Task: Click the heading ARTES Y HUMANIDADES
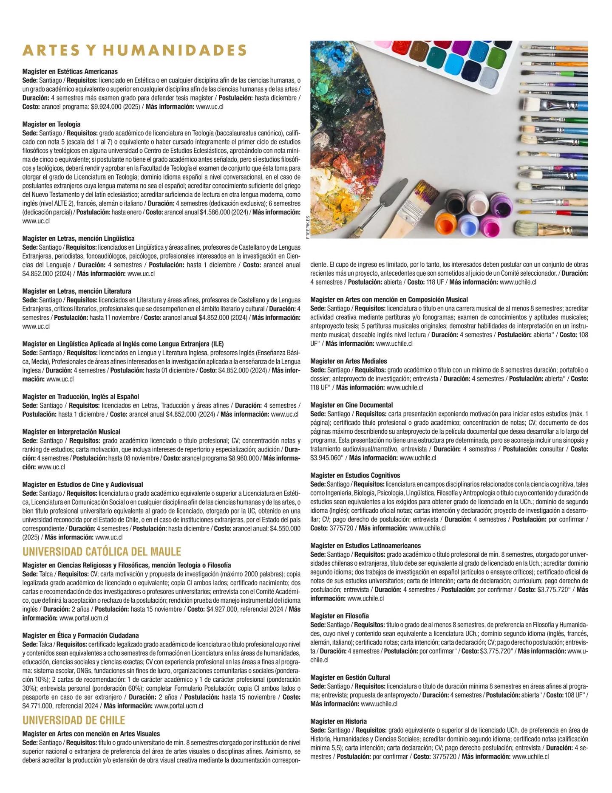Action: point(134,51)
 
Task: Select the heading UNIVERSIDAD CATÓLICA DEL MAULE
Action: point(102,552)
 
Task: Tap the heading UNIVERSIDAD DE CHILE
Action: point(74,720)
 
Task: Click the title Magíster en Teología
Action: point(51,124)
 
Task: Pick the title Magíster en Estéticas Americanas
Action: point(70,71)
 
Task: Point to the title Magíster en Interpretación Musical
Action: point(71,432)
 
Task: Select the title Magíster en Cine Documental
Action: point(351,405)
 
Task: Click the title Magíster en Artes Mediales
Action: point(348,361)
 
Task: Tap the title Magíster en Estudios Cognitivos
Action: point(355,475)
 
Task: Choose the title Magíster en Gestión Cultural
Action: point(350,677)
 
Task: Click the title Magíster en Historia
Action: point(338,721)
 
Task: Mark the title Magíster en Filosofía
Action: point(340,616)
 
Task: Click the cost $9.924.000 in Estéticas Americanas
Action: point(106,107)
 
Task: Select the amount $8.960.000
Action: point(243,458)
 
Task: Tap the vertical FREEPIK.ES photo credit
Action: point(308,227)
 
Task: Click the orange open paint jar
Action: point(445,223)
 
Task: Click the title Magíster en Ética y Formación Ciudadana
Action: point(80,635)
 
